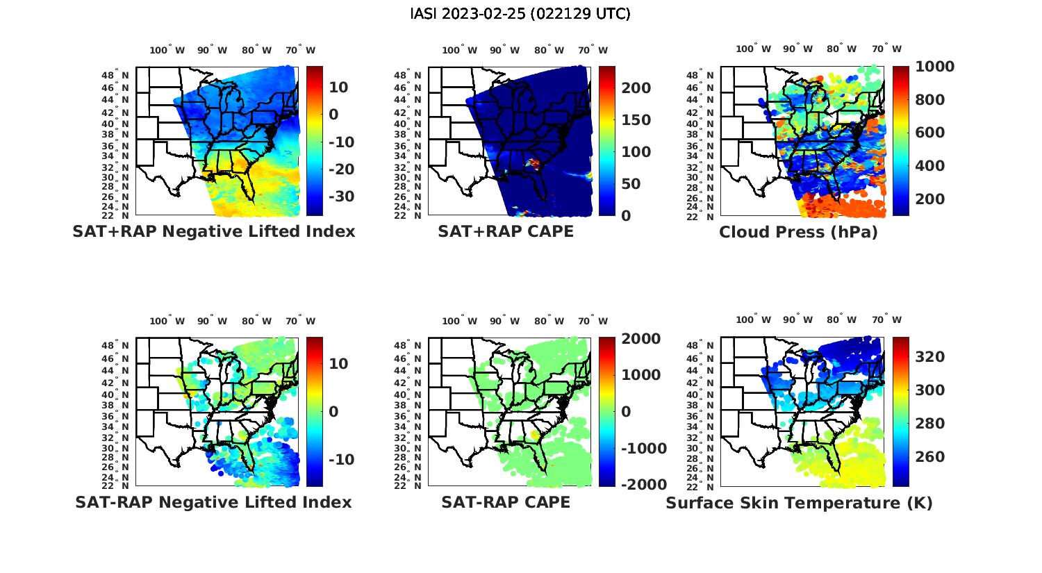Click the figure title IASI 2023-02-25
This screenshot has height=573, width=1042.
520,14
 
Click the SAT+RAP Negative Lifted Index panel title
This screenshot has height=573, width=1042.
213,231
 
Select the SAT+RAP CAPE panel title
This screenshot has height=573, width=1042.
506,231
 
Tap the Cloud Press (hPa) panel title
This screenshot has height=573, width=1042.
798,232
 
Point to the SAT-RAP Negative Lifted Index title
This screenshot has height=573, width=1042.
213,502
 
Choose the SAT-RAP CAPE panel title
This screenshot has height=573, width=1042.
506,502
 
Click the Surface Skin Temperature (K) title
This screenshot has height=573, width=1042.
799,503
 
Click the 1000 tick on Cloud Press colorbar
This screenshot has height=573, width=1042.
934,67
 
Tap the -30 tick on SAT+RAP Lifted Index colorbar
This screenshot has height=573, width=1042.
340,197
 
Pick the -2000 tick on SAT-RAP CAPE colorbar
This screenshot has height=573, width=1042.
643,485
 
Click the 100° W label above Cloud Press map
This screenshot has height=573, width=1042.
753,49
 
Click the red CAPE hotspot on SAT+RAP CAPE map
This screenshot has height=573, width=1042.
534,163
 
